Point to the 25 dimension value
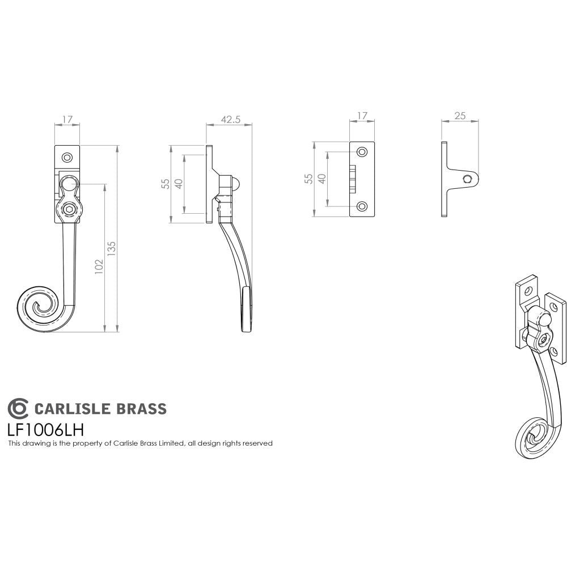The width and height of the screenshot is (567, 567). click(460, 116)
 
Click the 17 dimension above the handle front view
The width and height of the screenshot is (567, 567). click(67, 120)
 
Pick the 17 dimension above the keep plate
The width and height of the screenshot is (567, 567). click(362, 116)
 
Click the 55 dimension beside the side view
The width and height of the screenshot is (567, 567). click(166, 184)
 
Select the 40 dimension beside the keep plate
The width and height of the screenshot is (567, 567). click(321, 177)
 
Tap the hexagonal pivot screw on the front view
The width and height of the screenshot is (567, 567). click(69, 210)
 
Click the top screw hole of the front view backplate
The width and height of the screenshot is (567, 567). click(67, 156)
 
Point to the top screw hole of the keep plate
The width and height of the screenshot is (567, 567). click(362, 152)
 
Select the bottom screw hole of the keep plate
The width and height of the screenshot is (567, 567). click(362, 206)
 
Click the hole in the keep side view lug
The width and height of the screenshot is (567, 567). click(468, 180)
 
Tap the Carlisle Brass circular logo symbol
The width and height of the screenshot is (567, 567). click(18, 408)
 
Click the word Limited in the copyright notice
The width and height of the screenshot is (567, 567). click(168, 443)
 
